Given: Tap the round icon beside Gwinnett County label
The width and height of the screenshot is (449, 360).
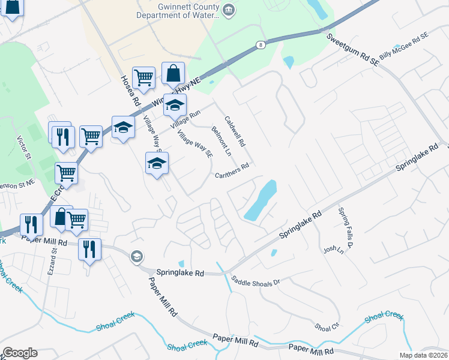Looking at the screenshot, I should click(x=228, y=10).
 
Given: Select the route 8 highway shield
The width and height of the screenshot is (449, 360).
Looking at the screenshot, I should click(x=260, y=44).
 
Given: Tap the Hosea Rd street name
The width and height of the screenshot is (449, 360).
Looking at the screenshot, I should click(x=130, y=89).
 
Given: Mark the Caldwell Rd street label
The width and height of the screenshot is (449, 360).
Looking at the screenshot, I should click(x=235, y=131).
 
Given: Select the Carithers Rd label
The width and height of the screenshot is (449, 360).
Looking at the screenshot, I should click(x=232, y=171).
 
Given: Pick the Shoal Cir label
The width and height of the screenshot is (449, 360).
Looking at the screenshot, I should click(x=327, y=326).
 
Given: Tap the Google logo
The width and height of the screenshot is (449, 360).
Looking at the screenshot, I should click(x=20, y=353).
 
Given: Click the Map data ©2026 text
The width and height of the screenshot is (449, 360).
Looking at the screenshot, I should click(x=423, y=355).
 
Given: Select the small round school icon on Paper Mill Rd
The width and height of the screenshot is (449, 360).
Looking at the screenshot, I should click(x=137, y=256).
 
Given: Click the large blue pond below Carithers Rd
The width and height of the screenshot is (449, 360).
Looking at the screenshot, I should click(x=262, y=200).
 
